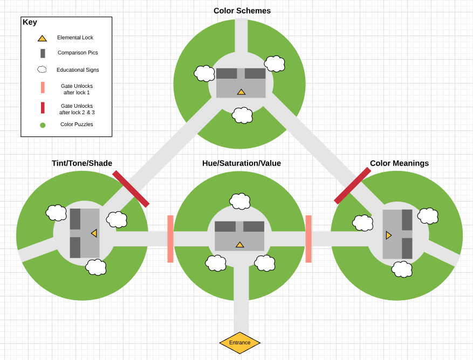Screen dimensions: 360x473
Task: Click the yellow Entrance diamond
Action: click(x=240, y=343)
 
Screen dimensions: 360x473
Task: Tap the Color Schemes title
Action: click(x=242, y=11)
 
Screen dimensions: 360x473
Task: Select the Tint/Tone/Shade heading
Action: click(x=82, y=163)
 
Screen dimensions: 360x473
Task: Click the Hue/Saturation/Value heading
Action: click(x=242, y=163)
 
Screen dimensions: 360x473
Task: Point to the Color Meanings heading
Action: click(x=399, y=163)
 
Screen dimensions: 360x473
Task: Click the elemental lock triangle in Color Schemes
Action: click(x=241, y=92)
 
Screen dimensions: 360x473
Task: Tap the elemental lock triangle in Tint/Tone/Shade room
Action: click(x=94, y=233)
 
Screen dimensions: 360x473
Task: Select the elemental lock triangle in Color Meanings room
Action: click(x=388, y=236)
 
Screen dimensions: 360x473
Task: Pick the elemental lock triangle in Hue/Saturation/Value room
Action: click(x=239, y=245)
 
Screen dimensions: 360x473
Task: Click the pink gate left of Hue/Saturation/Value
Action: click(x=170, y=239)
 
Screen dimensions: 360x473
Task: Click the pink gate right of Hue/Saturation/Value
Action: click(x=309, y=239)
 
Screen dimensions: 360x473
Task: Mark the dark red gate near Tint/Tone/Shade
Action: click(x=131, y=189)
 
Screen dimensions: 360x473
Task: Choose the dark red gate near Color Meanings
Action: click(x=352, y=185)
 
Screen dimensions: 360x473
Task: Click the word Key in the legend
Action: click(x=30, y=22)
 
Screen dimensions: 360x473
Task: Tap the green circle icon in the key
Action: click(x=43, y=125)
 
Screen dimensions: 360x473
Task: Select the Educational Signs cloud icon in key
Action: click(x=42, y=70)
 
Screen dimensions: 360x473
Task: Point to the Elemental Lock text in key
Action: click(x=75, y=38)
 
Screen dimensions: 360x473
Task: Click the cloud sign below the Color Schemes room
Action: click(x=242, y=115)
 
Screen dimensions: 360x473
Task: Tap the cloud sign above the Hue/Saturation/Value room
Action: click(x=239, y=201)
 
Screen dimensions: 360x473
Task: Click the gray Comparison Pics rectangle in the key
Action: click(x=43, y=53)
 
